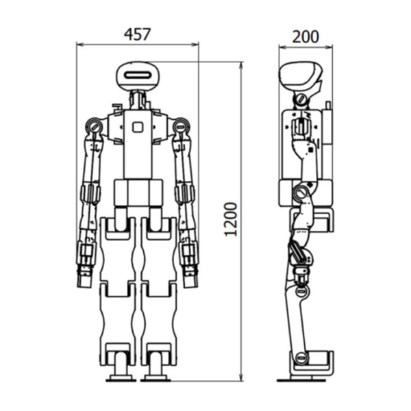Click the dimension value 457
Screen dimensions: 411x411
(137, 34)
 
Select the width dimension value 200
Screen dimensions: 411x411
(305, 36)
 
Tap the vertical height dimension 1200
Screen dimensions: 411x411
(231, 219)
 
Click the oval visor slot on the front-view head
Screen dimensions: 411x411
(138, 73)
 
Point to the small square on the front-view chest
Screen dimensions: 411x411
(138, 126)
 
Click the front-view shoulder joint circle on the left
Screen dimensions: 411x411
(94, 126)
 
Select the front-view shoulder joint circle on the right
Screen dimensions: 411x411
(181, 126)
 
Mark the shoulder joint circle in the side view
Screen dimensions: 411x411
(301, 101)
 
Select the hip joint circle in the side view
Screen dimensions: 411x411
(300, 195)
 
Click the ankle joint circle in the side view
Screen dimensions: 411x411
(300, 358)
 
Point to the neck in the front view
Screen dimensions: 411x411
(138, 99)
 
